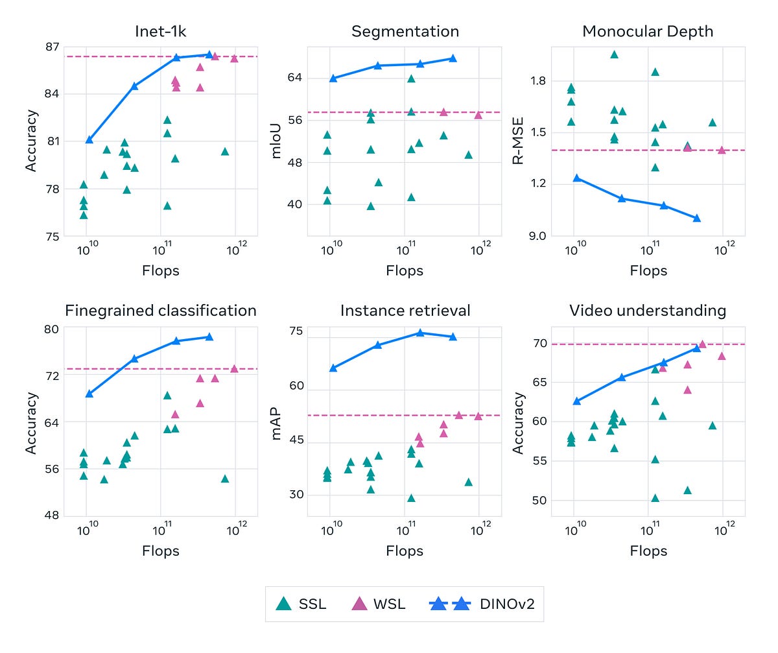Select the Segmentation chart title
coord(405,31)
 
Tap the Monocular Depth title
coord(648,31)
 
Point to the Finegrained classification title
coord(160,311)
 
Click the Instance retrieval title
coord(405,311)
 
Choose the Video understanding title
coord(648,311)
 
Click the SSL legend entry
coord(301,604)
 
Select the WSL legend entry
coord(379,604)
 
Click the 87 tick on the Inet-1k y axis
coord(52,47)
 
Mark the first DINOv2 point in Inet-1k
coord(89,139)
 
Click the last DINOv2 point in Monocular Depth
coord(697,218)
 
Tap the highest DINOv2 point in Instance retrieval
coord(420,333)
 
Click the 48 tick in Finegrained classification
coord(52,516)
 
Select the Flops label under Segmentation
coord(405,270)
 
